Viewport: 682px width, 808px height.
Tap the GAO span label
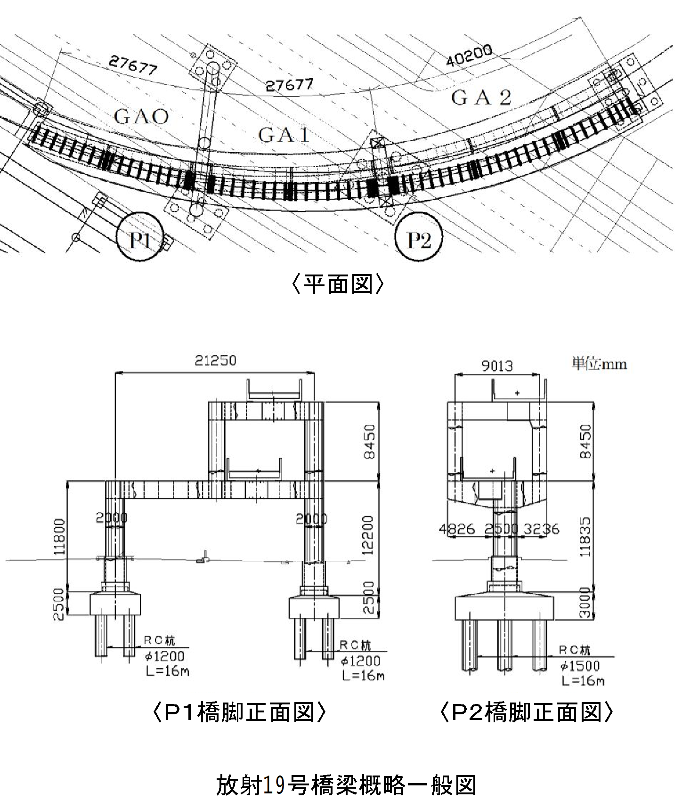[x=141, y=116]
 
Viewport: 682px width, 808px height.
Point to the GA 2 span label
[x=481, y=98]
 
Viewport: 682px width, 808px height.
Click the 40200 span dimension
[x=469, y=56]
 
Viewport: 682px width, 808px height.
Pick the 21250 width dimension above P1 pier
[x=215, y=361]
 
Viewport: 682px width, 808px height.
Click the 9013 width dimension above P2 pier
[x=497, y=365]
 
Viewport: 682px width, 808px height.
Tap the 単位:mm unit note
[x=599, y=364]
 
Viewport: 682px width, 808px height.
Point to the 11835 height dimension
[x=585, y=537]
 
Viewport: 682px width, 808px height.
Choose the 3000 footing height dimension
[x=585, y=603]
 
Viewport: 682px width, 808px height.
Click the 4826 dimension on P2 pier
[x=457, y=529]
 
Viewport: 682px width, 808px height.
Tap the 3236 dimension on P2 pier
[x=542, y=529]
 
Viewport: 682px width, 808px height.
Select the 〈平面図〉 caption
[x=339, y=284]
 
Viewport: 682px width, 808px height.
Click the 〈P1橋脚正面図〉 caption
[x=239, y=712]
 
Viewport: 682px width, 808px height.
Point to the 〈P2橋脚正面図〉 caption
[x=526, y=712]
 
